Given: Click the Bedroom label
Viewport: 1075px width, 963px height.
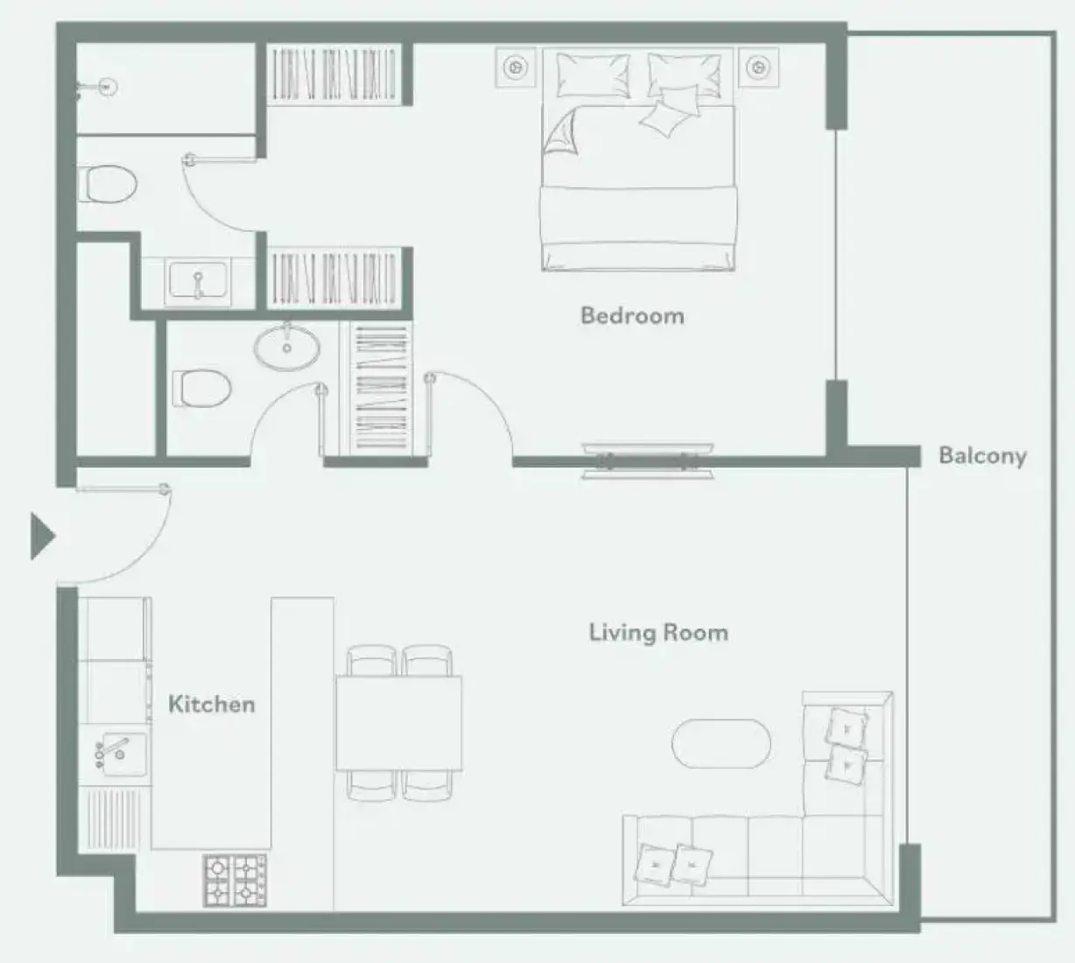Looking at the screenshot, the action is point(632,316).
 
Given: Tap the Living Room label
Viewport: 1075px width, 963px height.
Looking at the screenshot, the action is point(658,632).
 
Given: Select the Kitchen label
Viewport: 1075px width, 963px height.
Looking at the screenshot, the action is point(212,704).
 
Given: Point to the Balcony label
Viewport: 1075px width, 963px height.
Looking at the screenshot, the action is point(983,456).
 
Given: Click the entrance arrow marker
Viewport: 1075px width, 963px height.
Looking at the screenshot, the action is point(42,536).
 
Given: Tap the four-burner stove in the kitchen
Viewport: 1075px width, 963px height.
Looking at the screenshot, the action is point(235,880).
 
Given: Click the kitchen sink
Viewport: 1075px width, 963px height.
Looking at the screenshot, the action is point(118,754).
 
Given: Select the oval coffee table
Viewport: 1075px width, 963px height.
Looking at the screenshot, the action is point(721,743).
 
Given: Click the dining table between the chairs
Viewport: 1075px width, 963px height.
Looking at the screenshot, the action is point(398,722).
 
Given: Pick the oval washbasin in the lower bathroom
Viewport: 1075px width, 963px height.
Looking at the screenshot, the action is point(286,347).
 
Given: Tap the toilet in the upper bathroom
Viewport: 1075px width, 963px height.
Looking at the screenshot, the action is point(108,184).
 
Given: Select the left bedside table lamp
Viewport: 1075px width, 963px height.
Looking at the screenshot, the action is point(516,67).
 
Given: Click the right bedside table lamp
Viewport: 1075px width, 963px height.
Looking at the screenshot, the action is point(758,67).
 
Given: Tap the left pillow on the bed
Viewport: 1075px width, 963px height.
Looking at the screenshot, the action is point(594,75).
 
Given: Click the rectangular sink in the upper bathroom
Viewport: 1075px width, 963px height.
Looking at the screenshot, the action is point(197,282).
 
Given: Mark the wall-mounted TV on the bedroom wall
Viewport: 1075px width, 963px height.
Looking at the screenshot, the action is point(648,461).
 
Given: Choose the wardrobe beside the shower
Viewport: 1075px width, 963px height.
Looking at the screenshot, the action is point(334,74).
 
